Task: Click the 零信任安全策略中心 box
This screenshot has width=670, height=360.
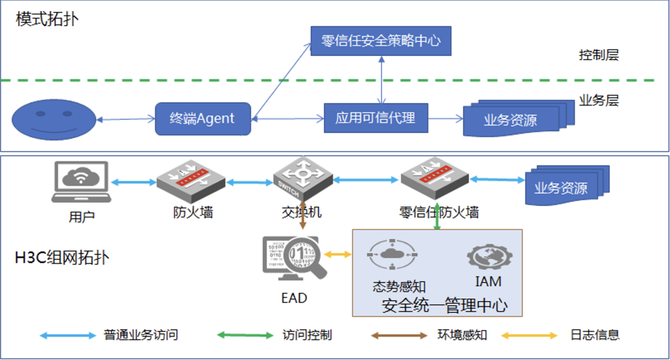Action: coord(381,41)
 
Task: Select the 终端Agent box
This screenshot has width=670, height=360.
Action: coord(203,119)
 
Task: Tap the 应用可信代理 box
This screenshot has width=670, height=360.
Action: coord(376,118)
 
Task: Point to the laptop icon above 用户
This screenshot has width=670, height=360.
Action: coord(81,182)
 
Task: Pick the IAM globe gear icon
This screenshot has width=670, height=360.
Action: coord(488,256)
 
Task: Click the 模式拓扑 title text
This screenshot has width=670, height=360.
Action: coord(47,19)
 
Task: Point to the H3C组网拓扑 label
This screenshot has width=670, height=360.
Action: coord(62,258)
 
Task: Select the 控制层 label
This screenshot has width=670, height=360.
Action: coord(599,55)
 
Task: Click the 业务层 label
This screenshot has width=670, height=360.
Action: coord(599,100)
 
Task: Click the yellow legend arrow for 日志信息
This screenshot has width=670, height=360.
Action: coord(529,335)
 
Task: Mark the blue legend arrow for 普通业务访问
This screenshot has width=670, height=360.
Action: coord(68,335)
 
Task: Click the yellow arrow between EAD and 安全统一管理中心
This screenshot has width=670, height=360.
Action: coord(337,254)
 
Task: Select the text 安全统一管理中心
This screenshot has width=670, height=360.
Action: coord(444,305)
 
